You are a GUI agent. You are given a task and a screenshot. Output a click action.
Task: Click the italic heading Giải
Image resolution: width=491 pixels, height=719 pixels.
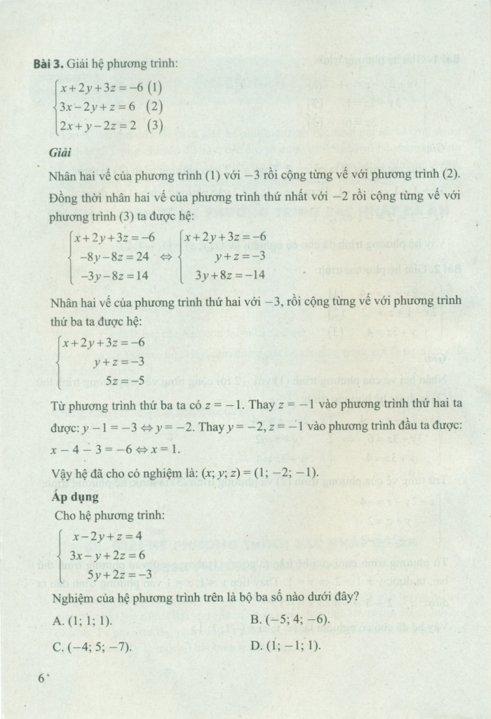pyautogui.click(x=61, y=152)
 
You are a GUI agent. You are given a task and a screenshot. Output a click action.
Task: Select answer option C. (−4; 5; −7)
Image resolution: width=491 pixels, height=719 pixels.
pyautogui.click(x=91, y=645)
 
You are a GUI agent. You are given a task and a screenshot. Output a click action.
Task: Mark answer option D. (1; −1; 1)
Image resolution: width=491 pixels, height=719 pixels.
pyautogui.click(x=285, y=645)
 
